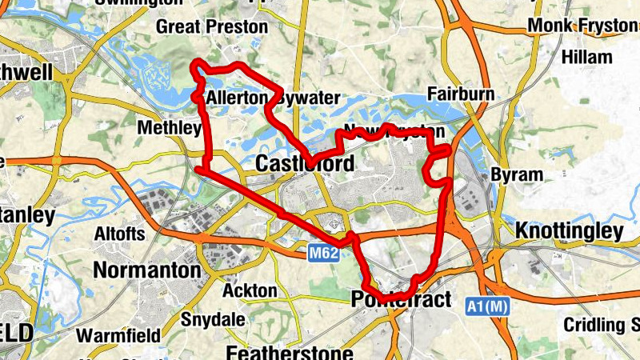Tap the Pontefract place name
[x=401, y=301]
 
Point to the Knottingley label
[x=570, y=232]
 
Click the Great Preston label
[x=212, y=27]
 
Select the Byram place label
[x=516, y=174]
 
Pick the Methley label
[x=169, y=128]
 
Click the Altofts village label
[x=120, y=234]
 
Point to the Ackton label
[x=250, y=290]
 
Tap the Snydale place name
[x=213, y=319]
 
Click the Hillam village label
[x=587, y=57]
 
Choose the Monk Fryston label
[x=582, y=26]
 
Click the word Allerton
[x=236, y=98]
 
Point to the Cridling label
[x=600, y=325]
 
